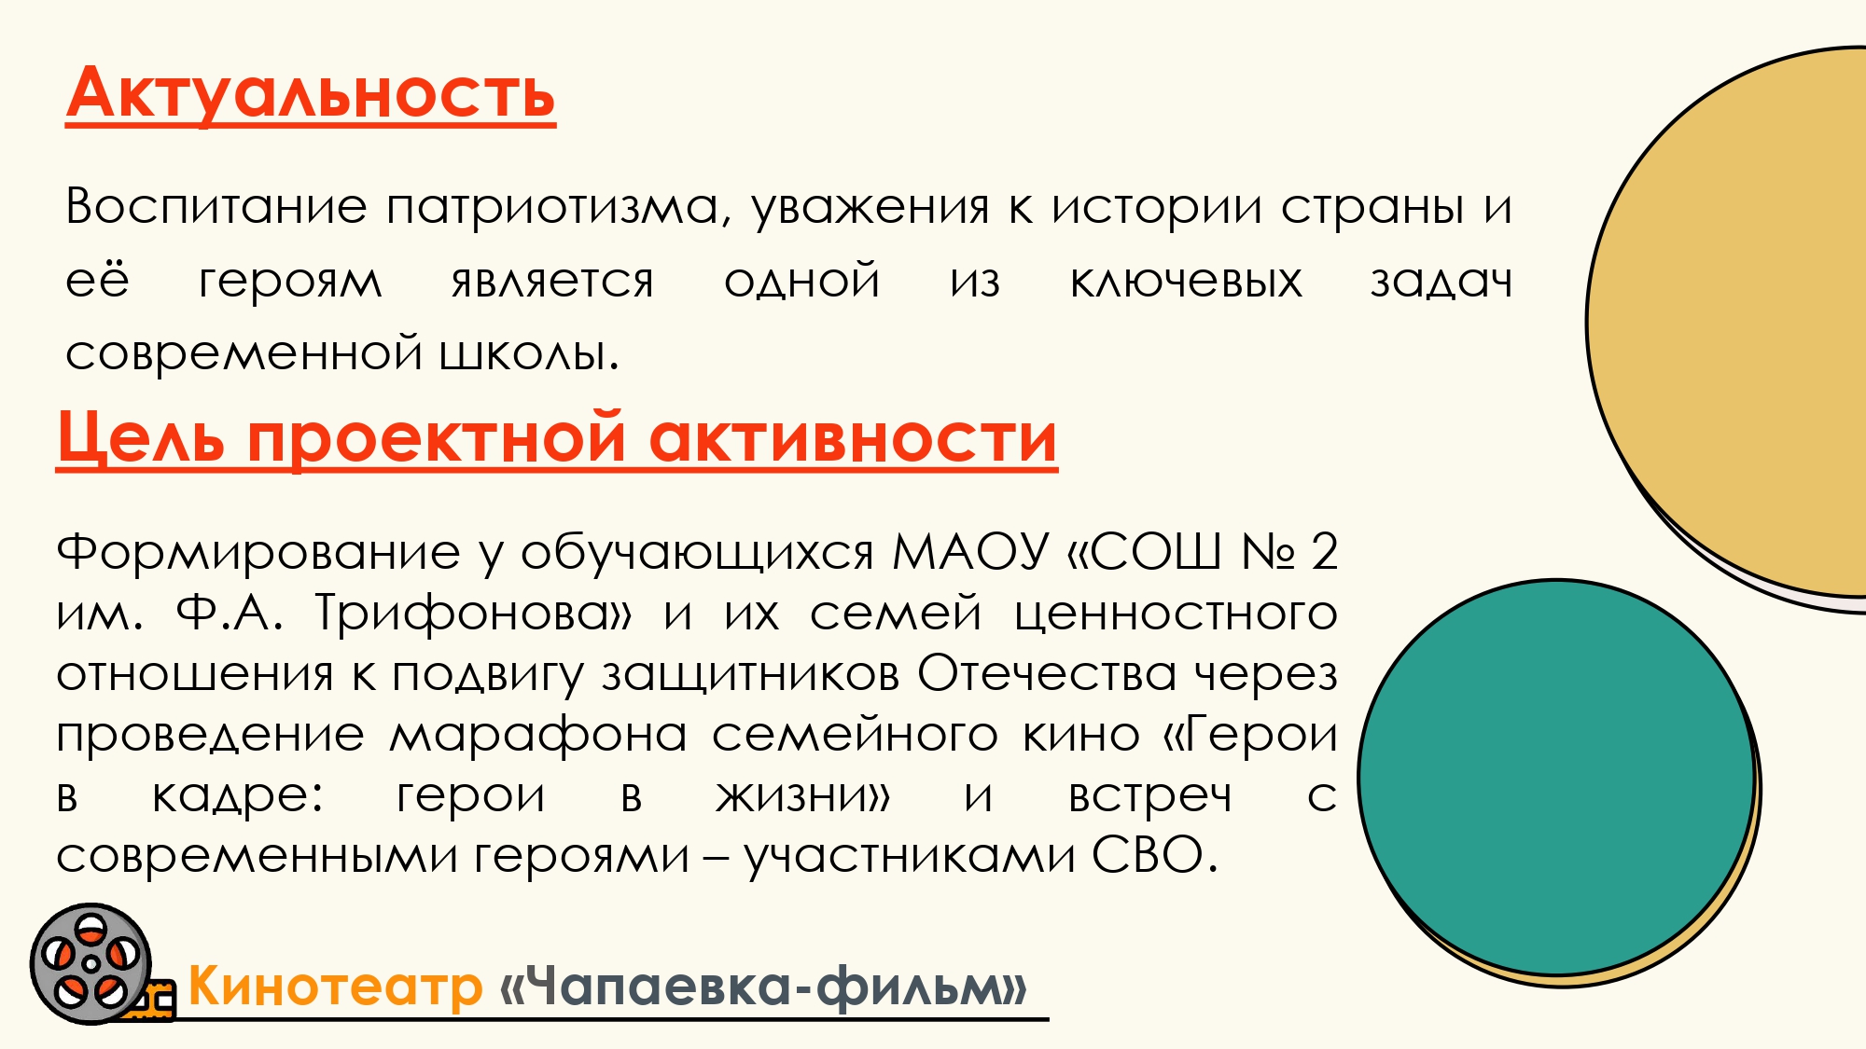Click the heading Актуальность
[311, 95]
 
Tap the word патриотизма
[553, 207]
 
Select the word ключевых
[1186, 281]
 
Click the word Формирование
[258, 551]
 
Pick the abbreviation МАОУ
[970, 551]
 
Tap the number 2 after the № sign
[1324, 551]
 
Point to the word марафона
[538, 734]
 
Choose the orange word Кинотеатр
[335, 986]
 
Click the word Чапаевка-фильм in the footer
[763, 987]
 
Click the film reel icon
[91, 963]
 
